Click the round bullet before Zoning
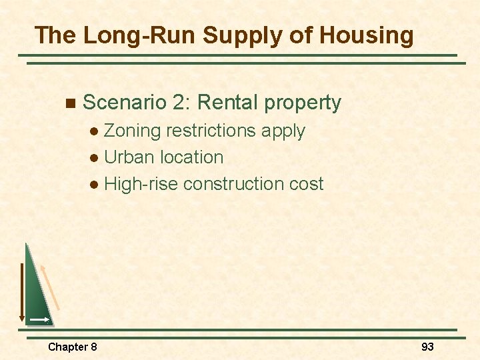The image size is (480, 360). coord(97,132)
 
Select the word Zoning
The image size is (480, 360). coord(133,131)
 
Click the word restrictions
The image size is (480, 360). coord(211,131)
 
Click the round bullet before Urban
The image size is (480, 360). coord(97,159)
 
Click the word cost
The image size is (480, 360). coord(305,184)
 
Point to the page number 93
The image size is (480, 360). coord(427,347)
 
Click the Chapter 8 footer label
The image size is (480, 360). coord(73,347)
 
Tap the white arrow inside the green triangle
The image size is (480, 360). coord(39,320)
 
